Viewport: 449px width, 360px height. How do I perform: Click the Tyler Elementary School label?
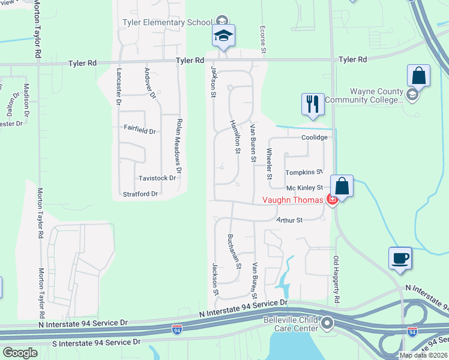pos(167,22)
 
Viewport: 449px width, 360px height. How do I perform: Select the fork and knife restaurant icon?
pos(313,104)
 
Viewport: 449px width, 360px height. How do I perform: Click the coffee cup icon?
pos(400,259)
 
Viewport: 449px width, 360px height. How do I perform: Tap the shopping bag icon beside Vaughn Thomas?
pos(342,187)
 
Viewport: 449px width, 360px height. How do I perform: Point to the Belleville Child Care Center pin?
pos(327,324)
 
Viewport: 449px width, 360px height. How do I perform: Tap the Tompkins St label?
pos(304,172)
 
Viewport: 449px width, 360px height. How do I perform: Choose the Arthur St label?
pos(289,220)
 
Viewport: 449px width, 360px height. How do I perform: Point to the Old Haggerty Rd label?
pos(337,279)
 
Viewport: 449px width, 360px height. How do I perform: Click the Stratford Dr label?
pos(140,194)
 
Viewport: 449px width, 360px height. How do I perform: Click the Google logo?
pos(20,353)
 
